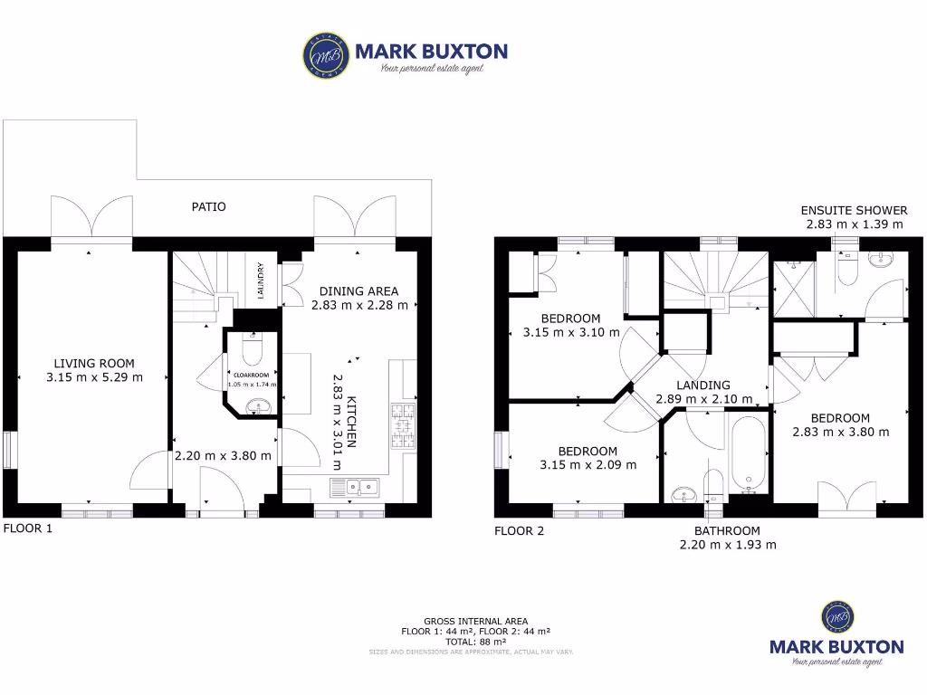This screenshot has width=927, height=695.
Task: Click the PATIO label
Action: click(x=209, y=206)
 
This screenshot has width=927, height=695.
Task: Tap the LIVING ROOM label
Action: click(x=94, y=363)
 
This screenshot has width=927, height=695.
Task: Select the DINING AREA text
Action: click(x=359, y=291)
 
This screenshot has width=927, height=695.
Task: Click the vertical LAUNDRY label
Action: click(x=261, y=280)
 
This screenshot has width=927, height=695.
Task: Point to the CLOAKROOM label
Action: click(x=252, y=373)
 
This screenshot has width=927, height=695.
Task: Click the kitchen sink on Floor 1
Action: click(x=358, y=488)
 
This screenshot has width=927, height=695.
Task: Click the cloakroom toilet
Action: click(x=252, y=349)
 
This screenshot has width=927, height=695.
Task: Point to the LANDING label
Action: click(x=703, y=385)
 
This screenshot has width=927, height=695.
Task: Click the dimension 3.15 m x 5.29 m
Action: click(x=94, y=377)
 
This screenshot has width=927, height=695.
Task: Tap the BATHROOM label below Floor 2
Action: click(x=727, y=530)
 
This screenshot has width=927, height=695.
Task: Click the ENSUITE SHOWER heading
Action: click(x=855, y=210)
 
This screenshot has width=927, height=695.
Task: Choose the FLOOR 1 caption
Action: click(x=28, y=528)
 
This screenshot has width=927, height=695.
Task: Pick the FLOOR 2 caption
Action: click(x=519, y=531)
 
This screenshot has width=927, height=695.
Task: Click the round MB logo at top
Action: click(x=323, y=55)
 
